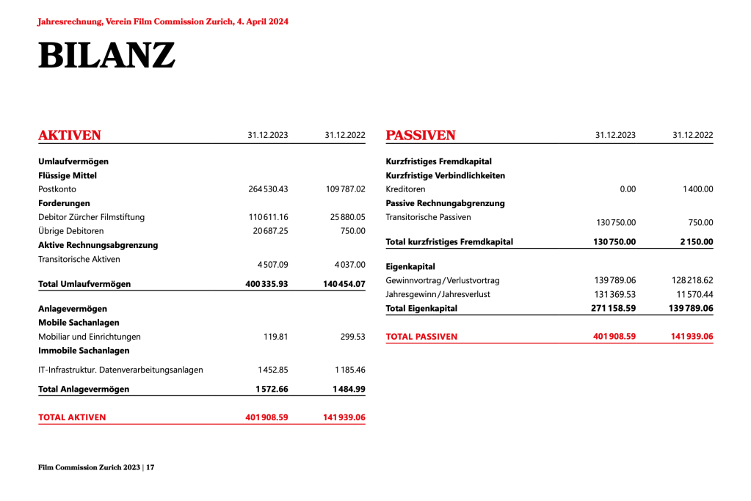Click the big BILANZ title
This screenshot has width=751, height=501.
point(106,56)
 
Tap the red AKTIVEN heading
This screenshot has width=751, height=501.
point(70,136)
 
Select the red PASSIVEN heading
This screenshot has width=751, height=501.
point(421,136)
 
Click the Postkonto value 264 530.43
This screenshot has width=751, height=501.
point(268,189)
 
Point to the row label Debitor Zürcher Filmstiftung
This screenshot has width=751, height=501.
point(92,217)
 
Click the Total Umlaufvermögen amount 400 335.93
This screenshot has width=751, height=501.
point(266,284)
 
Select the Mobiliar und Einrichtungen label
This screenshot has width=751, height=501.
point(90,337)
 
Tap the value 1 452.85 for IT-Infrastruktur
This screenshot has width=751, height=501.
point(272,370)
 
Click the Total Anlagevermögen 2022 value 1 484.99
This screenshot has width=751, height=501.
point(349,390)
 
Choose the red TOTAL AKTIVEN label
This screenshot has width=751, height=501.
point(72,417)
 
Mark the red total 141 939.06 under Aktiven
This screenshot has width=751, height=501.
point(344,417)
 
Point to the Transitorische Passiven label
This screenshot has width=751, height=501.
point(429,217)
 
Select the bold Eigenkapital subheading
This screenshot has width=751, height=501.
point(410,267)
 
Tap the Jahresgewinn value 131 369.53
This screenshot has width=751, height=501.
point(614,295)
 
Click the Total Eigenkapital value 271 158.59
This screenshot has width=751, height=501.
point(614,309)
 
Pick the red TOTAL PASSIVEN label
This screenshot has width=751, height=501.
point(421,337)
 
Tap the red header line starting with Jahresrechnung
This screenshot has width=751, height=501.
point(163,22)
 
